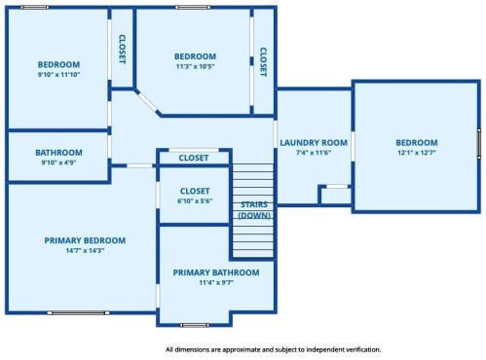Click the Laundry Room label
[314, 142]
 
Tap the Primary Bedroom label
[85, 239]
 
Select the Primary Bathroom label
[216, 272]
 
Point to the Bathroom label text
[58, 152]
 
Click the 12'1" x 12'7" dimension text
[416, 153]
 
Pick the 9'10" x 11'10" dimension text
[58, 75]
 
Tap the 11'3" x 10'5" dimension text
[195, 67]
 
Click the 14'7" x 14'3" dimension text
[85, 250]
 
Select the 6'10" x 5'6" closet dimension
[195, 200]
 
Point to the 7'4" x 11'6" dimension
[314, 153]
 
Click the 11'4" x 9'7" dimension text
[216, 283]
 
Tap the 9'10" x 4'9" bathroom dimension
[58, 162]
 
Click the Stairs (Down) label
[254, 209]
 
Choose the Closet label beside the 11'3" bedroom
[262, 62]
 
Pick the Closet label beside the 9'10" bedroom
[122, 49]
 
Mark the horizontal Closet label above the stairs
[194, 158]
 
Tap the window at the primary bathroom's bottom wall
[195, 324]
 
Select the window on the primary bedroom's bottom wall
[77, 313]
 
